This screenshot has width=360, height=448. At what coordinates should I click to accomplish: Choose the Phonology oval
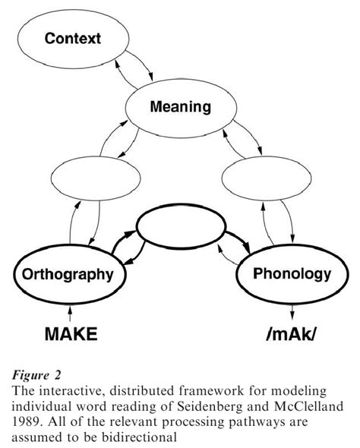tap(292, 273)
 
